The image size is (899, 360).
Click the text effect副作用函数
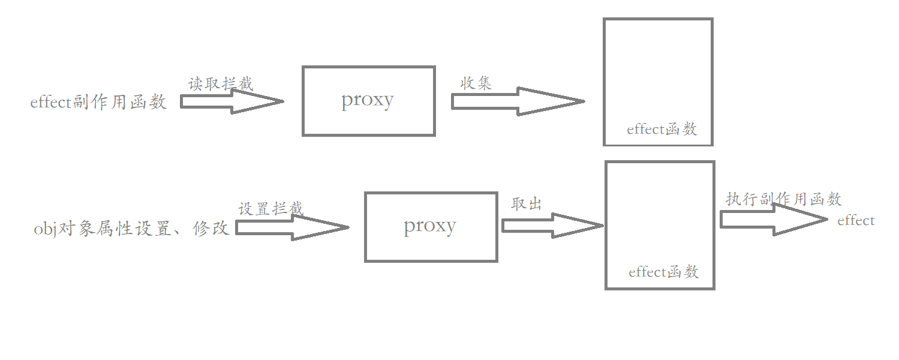coord(98,102)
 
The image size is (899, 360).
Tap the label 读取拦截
coord(221,84)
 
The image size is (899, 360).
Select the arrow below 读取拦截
coord(232,101)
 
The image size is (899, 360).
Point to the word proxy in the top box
coord(368,100)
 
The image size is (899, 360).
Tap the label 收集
coord(476,83)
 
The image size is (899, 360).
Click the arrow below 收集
coord(518,101)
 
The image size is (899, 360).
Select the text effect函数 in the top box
coord(662,129)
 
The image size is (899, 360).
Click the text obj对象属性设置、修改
coord(131,229)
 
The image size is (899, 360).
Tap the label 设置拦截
coord(271,209)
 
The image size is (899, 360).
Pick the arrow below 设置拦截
coord(293,227)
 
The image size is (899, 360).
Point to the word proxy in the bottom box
coord(430,226)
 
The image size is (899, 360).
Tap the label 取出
coord(527,204)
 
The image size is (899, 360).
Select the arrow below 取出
coord(553,226)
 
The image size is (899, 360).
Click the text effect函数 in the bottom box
coord(664,272)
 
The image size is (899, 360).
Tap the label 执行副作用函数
coord(783,199)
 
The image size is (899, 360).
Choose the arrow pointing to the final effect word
coord(774,220)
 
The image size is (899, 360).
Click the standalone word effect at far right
coord(856,220)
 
